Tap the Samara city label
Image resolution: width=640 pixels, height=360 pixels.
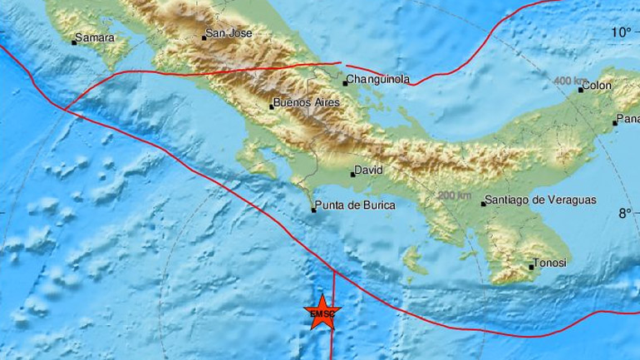(x=94, y=37)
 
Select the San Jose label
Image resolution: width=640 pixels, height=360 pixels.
(x=228, y=34)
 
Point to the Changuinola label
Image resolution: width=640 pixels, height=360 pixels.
(x=378, y=80)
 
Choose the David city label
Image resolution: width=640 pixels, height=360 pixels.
(x=367, y=171)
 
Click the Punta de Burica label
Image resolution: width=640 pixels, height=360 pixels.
(x=355, y=205)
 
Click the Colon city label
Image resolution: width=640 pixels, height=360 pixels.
(x=598, y=85)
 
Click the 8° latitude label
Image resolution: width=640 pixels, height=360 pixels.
(x=624, y=214)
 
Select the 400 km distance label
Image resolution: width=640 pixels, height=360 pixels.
(x=569, y=80)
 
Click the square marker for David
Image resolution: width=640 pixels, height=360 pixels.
(x=352, y=174)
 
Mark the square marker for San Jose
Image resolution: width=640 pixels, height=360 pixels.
(x=204, y=37)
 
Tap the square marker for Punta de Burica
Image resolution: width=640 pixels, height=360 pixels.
(x=313, y=210)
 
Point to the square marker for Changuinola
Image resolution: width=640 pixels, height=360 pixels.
(x=344, y=82)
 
